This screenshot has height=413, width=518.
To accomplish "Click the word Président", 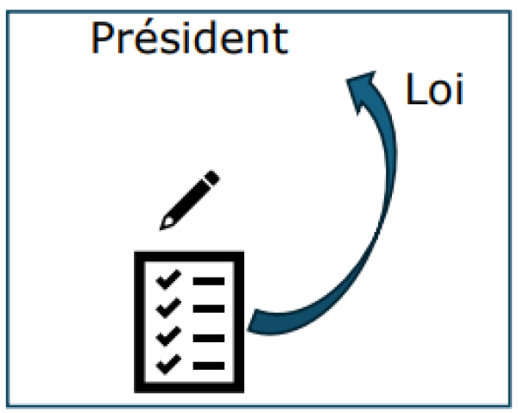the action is (x=189, y=37).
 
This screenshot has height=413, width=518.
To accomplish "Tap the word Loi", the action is (x=434, y=89).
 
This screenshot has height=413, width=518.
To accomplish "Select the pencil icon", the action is (x=190, y=199).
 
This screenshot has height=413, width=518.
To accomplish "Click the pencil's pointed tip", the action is (x=161, y=228).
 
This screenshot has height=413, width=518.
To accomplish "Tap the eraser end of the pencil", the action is (x=212, y=178).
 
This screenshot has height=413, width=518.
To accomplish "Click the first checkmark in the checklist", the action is (x=168, y=279).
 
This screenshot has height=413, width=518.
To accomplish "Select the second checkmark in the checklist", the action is (x=168, y=308).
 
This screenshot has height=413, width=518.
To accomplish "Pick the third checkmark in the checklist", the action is (x=168, y=335).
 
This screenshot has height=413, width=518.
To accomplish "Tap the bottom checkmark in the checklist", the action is (x=168, y=364).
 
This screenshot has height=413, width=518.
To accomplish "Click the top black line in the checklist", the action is (x=209, y=281).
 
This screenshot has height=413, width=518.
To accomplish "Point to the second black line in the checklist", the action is (x=209, y=309).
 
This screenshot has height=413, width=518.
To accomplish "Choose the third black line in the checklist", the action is (x=209, y=338).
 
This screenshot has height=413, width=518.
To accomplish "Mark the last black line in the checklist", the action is (x=209, y=366).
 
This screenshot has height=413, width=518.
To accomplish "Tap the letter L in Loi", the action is (x=414, y=89).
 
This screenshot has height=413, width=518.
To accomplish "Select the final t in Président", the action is (x=281, y=39).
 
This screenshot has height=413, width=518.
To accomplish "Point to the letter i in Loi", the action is (x=459, y=89).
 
